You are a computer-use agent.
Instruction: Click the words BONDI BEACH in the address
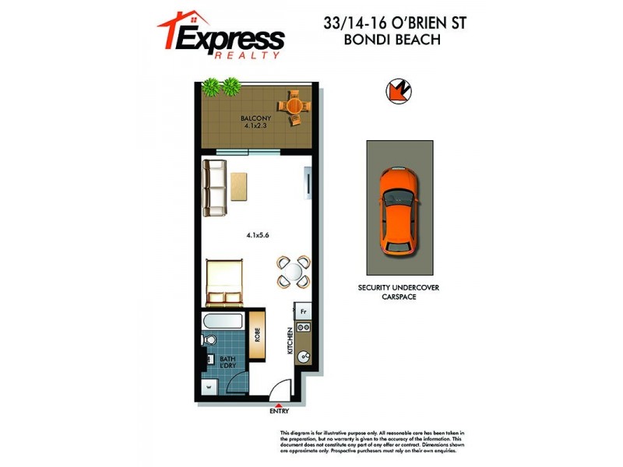[394, 40]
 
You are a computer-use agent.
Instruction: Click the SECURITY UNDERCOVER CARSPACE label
[399, 293]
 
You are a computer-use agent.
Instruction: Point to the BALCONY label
[255, 119]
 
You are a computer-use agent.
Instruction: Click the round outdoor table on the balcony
[294, 108]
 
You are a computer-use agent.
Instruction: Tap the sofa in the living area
[214, 188]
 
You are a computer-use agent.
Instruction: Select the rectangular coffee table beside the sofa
[240, 187]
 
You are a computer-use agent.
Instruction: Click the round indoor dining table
[294, 272]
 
